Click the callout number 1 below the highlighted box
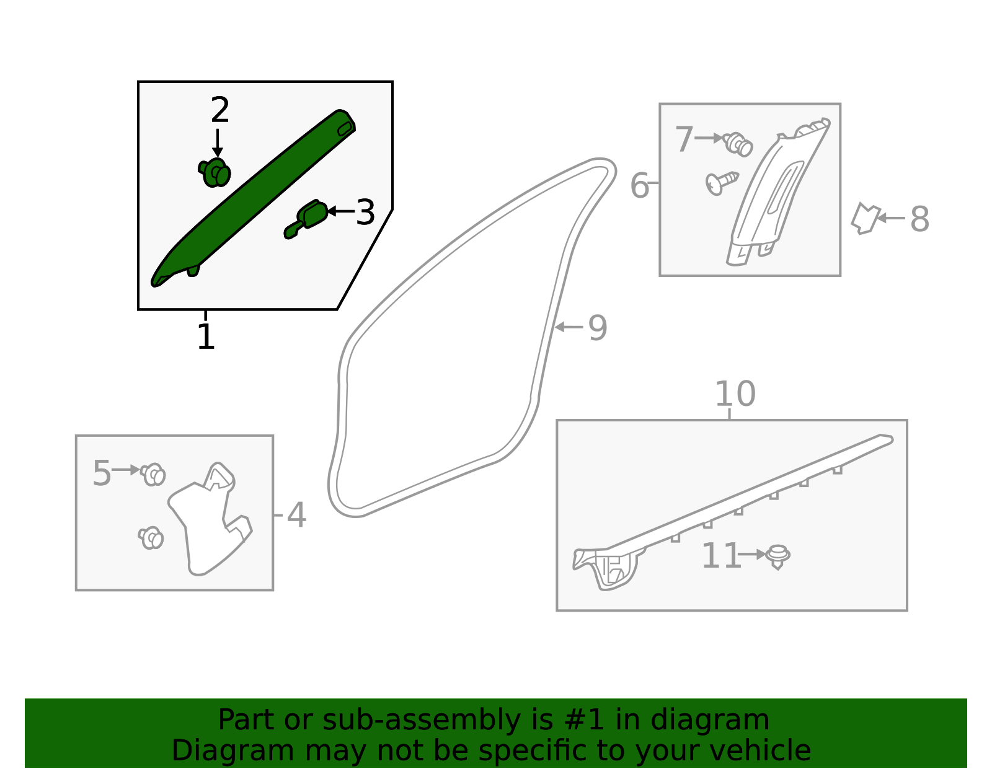coord(206,338)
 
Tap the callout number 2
coord(219,111)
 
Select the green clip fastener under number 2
coord(215,172)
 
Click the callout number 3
coord(365,213)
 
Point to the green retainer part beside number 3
coord(308,219)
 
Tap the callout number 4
coord(296,516)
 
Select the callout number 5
coord(101,473)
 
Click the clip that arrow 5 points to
coord(153,474)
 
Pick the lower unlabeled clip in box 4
coord(151,537)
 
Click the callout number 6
coord(639,185)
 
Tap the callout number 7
coord(683,139)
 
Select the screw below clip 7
coord(721,182)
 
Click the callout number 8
coord(919,219)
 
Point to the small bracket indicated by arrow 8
coord(865,218)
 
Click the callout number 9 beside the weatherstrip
coord(597,328)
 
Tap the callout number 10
coord(735,394)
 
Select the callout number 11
coord(721,556)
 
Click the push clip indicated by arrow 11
coord(777,556)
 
